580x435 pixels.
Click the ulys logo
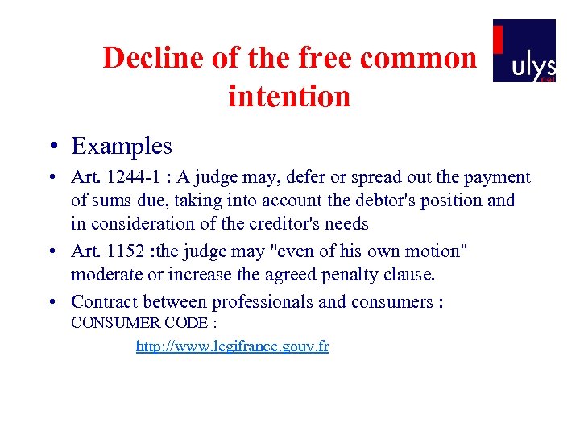524,51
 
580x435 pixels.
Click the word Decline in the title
149,58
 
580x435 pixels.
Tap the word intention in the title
289,97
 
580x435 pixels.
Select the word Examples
122,146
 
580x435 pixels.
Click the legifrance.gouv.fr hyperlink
233,346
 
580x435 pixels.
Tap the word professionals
263,302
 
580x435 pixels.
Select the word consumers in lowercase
391,302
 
